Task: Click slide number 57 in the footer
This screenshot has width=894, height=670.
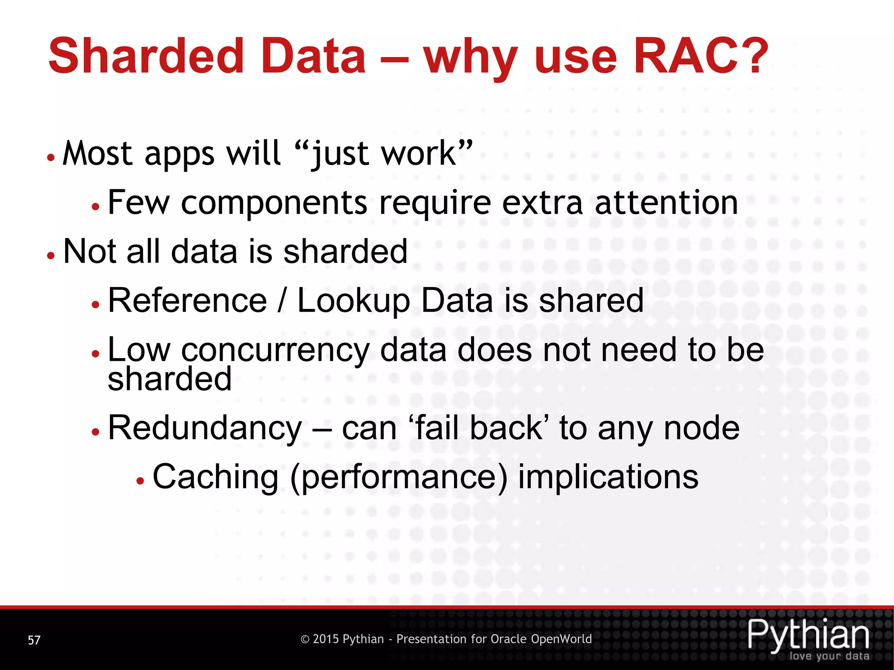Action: coord(34,640)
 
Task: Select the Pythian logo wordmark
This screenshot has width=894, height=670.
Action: coord(808,634)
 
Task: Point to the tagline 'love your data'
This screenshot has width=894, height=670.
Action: coord(829,656)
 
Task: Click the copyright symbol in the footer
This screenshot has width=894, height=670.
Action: coord(305,639)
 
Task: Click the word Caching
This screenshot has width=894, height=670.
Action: coord(215,477)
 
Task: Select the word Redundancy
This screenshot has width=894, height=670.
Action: coord(205,428)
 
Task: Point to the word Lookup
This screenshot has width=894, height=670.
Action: coord(354,301)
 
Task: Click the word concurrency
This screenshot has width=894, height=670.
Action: coord(275,350)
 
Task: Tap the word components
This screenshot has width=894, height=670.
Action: coord(275,203)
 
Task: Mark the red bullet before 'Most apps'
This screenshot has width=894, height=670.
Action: coord(51,157)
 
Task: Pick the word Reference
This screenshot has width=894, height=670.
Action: coord(187,301)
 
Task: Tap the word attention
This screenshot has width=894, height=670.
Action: coord(666,203)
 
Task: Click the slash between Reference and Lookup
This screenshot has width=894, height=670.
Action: coord(282,301)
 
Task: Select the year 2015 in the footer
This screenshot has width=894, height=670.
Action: coord(326,639)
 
